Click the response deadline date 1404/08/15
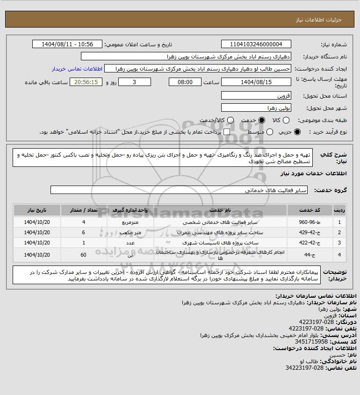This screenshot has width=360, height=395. click(x=255, y=82)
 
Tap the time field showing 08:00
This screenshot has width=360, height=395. click(x=185, y=82)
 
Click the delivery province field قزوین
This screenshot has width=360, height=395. click(x=255, y=95)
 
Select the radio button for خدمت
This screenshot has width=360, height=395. click(x=262, y=120)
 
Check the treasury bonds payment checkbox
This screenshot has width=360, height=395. click(x=227, y=132)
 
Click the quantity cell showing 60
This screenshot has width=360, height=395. click(x=84, y=255)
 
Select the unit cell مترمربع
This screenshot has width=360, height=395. click(x=130, y=222)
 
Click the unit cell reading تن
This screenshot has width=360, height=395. click(x=130, y=255)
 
